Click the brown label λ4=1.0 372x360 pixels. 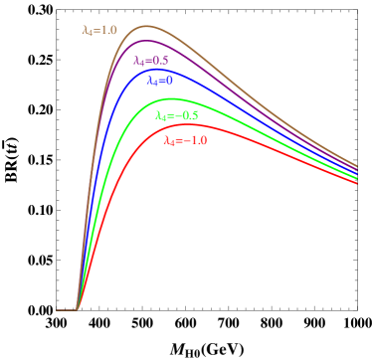[x=99, y=30]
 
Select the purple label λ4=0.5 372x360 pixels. [x=151, y=60]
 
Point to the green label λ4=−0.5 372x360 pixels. [x=177, y=115]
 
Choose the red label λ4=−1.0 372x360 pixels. [x=185, y=141]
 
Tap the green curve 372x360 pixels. [x=249, y=117]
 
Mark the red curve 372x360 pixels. [x=249, y=135]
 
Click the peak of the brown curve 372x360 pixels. [x=146, y=26]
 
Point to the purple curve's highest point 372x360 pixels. [x=148, y=41]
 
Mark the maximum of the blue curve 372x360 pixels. [x=154, y=69]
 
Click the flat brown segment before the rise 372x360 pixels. [x=66, y=309]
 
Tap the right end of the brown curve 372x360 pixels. [x=357, y=164]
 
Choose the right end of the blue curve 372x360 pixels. [x=357, y=176]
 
